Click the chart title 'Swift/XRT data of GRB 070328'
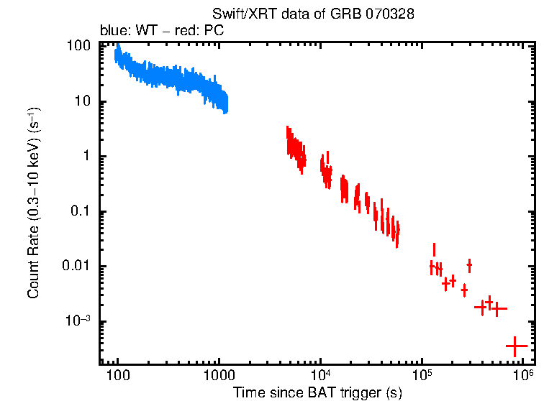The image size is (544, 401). coord(313,14)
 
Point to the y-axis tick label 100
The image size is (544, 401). coord(78,46)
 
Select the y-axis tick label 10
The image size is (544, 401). coord(81,101)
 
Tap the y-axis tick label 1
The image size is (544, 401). coord(85,157)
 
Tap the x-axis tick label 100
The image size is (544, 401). coord(117,377)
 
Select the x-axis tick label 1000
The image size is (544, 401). coord(219,377)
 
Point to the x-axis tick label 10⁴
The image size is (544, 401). coord(320,376)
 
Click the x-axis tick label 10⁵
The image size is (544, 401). coord(422,376)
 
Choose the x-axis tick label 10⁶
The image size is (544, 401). coord(523,376)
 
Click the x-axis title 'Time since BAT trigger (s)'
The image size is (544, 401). coord(317,392)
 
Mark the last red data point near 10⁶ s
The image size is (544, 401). coord(515,346)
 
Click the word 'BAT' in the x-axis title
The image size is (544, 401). coord(322,392)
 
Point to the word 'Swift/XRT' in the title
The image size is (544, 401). coord(242,14)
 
